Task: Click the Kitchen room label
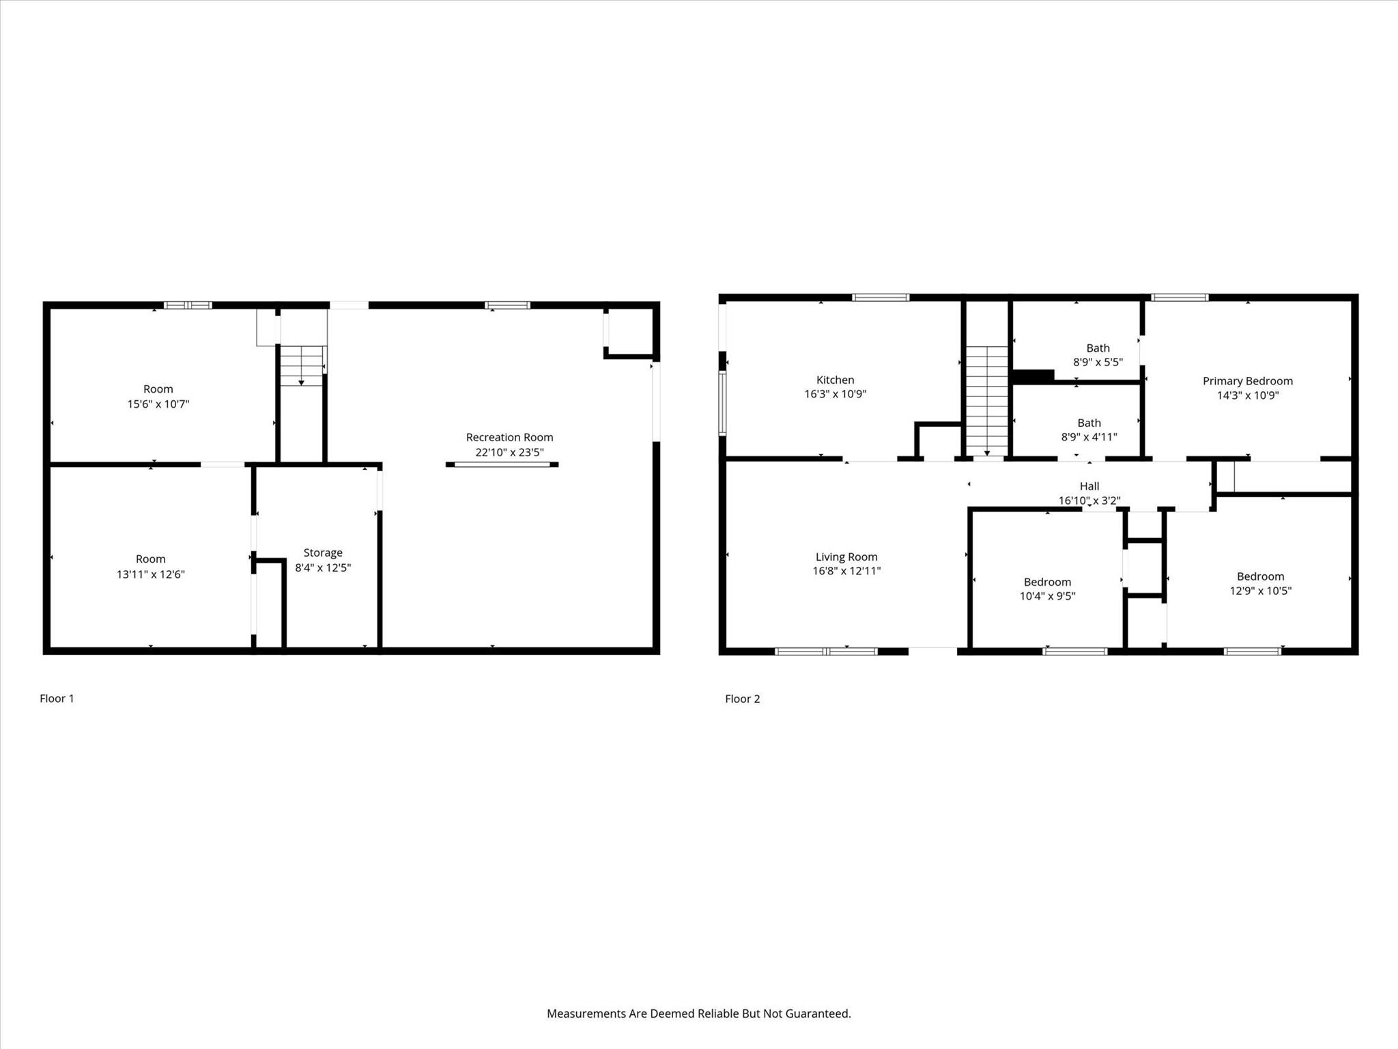pos(835,380)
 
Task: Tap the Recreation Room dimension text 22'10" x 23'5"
pos(509,452)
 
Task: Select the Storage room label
pos(323,553)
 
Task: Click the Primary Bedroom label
pos(1247,381)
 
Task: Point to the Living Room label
pos(846,557)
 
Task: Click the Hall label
pos(1089,486)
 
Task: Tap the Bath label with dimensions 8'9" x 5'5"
pos(1098,348)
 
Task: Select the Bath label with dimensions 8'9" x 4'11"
pos(1089,423)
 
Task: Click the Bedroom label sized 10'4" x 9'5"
pos(1047,582)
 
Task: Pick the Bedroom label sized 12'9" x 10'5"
pos(1260,576)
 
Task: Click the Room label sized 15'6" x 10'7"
pos(158,389)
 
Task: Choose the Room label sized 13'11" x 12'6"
pos(150,559)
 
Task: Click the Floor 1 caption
pos(57,698)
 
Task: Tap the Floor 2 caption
pos(742,699)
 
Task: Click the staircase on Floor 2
pos(986,400)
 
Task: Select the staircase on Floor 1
pos(302,365)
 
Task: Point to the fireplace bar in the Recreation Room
pos(502,464)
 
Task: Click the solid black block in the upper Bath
pos(1033,376)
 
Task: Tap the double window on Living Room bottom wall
pos(826,652)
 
